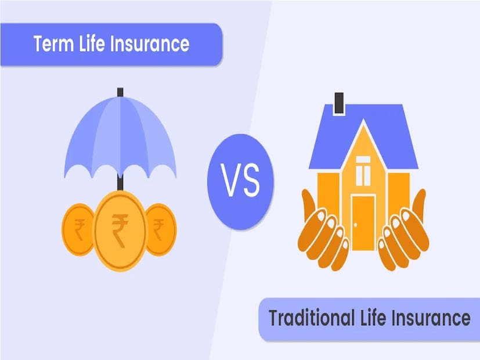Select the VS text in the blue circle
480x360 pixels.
[240, 181]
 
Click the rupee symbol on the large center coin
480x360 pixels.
[120, 230]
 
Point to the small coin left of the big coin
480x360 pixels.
[78, 229]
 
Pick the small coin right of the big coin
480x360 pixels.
[161, 229]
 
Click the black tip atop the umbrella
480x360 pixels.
[120, 92]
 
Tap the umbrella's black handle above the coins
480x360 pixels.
[120, 182]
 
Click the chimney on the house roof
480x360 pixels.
[339, 103]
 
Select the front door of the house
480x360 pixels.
[363, 222]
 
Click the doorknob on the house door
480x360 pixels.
[355, 225]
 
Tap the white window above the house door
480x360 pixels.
[363, 171]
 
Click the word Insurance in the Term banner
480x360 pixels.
[150, 44]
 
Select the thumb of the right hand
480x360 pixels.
[419, 205]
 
